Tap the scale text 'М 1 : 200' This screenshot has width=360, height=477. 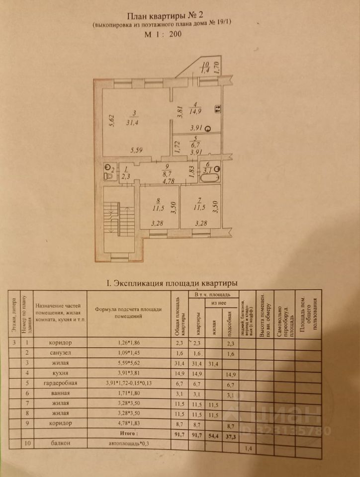(163, 35)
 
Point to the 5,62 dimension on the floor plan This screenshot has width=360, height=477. (112, 120)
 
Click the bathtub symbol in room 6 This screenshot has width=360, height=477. (208, 177)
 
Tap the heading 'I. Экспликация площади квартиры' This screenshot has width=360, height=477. (172, 283)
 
